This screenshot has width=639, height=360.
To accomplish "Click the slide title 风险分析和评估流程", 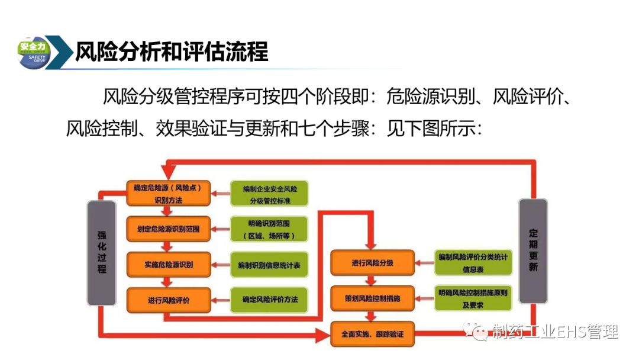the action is (x=172, y=52).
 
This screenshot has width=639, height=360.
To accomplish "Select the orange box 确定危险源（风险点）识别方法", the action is (x=168, y=194).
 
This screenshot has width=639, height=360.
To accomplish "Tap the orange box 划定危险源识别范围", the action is (x=168, y=229).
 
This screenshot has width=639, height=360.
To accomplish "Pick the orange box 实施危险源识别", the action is (x=168, y=264).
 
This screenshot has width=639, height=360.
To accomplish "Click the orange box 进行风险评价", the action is (x=168, y=300).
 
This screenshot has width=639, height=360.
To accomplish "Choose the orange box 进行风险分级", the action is (x=372, y=262).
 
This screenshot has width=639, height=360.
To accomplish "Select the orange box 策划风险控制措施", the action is (x=372, y=298).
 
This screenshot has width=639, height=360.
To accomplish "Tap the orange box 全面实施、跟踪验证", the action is (x=372, y=334).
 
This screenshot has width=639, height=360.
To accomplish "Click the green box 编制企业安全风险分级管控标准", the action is (x=269, y=194).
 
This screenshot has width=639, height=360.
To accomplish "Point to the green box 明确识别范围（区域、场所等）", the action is (x=269, y=230).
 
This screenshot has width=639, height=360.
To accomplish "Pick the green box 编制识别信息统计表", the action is (x=269, y=265).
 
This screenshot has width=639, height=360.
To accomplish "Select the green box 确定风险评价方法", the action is (x=269, y=300).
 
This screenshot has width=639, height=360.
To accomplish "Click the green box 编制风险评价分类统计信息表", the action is (x=473, y=262).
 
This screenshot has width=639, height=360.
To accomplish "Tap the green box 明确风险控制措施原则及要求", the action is (x=473, y=298).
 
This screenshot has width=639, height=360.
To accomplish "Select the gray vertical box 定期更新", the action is (x=533, y=251).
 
